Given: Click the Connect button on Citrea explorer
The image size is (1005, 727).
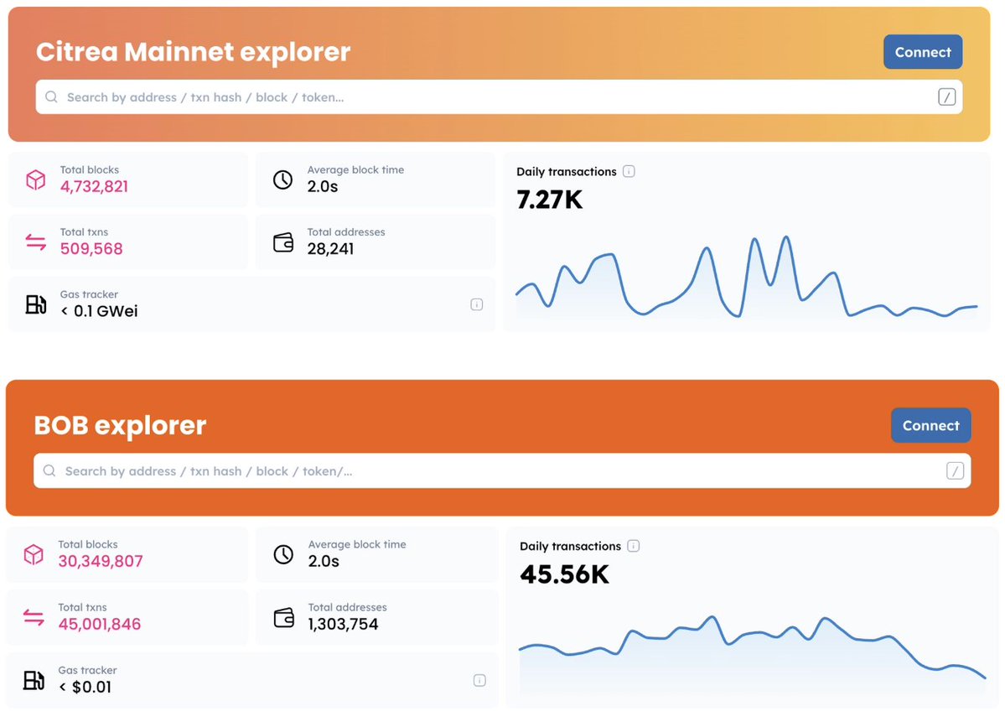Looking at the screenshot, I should point(923,52).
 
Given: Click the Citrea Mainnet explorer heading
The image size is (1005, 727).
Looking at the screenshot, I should point(193,52).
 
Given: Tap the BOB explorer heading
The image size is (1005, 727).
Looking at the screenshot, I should point(120,425).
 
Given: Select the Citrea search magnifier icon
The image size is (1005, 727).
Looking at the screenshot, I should point(51,97).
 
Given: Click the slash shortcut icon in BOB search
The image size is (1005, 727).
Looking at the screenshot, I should point(955,470).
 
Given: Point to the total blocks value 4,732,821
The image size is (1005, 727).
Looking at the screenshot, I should point(94,186).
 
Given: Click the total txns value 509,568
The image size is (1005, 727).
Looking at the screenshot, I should point(91,248).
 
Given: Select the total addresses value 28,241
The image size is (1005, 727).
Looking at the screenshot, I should point(330,248).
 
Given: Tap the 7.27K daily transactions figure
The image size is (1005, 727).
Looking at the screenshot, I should point(549,200).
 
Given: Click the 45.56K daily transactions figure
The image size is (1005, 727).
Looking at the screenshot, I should point(564,574).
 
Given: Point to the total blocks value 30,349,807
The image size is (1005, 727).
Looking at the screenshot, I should point(101,561).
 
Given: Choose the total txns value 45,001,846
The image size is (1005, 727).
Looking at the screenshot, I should point(99,624).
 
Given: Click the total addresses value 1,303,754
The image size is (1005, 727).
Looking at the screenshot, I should point(343,624).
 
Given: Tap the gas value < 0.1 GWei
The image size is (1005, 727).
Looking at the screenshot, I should point(99,311).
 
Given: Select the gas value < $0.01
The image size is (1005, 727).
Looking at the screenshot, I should point(85,687).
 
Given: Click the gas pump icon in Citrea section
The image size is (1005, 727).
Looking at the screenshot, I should point(35,304).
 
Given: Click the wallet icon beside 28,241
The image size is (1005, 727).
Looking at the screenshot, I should point(283,242).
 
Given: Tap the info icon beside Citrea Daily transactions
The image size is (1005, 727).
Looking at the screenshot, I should point(629,172).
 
